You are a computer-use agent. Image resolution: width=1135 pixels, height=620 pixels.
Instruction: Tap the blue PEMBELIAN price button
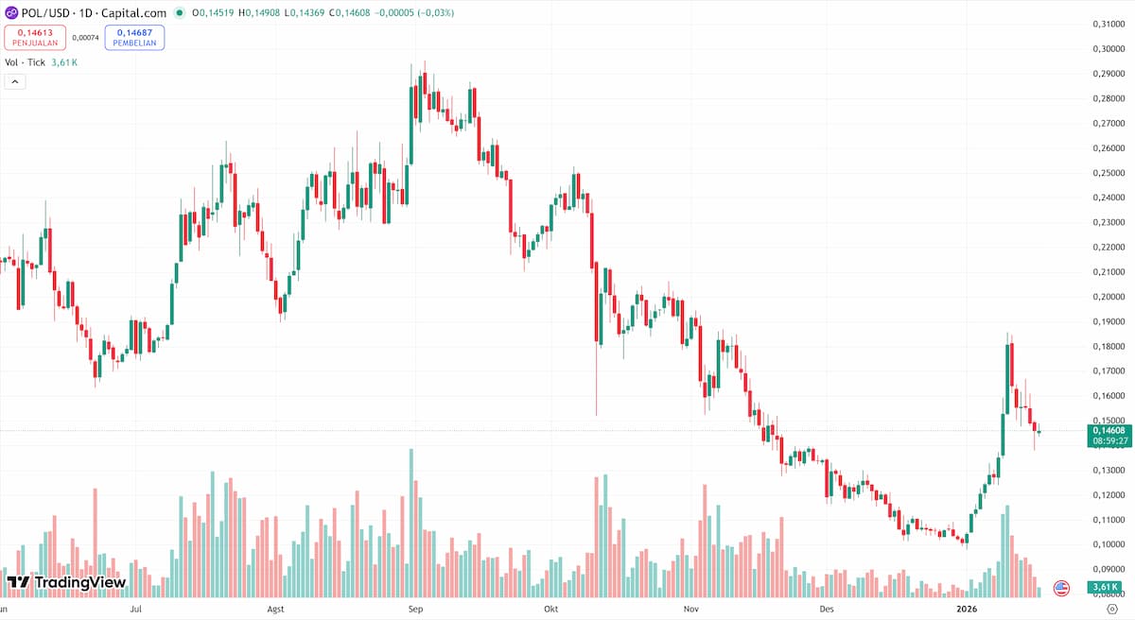134,37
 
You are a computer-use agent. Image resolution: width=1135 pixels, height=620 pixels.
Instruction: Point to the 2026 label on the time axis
966,610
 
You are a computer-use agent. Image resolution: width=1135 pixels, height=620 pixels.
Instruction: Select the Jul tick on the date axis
136,610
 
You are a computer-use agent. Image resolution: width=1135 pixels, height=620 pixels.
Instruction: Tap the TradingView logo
66,582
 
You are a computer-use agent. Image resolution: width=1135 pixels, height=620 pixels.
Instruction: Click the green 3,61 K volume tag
1104,588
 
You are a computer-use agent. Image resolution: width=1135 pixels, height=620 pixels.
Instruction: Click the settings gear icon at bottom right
1111,610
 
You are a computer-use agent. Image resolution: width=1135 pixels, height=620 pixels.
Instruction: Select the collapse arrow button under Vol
15,82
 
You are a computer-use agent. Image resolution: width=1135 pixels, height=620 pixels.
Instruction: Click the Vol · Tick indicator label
25,62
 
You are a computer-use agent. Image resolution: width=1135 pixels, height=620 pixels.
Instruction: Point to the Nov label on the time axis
691,610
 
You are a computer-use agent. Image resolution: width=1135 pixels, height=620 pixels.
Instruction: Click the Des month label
828,610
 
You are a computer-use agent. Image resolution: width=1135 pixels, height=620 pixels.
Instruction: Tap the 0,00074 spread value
85,37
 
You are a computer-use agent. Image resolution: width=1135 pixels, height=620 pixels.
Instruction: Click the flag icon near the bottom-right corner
1061,588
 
